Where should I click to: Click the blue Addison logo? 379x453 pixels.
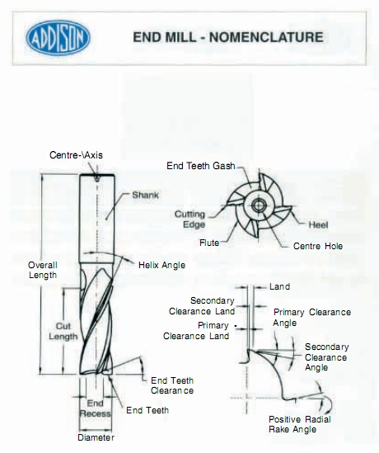point(58,38)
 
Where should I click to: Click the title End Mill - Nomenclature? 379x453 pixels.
point(228,37)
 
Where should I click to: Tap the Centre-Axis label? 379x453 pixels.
point(76,155)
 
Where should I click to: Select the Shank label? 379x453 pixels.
point(145,195)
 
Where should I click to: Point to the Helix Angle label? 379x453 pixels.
point(161,265)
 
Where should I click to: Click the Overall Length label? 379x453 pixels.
point(43,270)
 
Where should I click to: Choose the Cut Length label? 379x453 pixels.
point(63,332)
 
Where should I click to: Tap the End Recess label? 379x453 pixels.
point(96,408)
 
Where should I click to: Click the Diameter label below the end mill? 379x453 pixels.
point(96,437)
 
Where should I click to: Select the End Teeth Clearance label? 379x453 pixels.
point(172,385)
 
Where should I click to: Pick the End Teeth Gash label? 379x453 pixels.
point(201,166)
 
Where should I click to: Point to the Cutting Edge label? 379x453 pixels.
point(190,219)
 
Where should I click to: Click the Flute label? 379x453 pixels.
point(209,243)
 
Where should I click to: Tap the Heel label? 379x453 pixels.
point(318,224)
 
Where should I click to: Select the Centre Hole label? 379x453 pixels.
point(318,246)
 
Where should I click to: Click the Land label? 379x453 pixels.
point(279,286)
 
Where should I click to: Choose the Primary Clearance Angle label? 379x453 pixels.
point(312,317)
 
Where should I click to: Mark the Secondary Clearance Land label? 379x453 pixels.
point(202,306)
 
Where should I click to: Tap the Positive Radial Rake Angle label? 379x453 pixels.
point(300,424)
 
